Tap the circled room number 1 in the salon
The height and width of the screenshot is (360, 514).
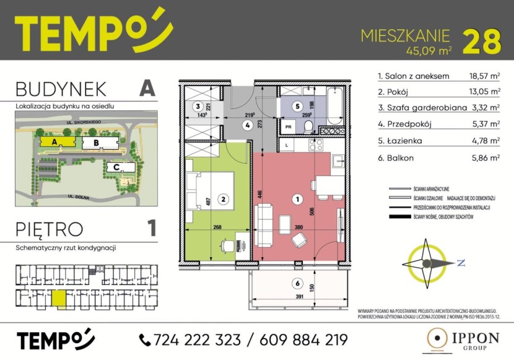pyautogui.click(x=297, y=200)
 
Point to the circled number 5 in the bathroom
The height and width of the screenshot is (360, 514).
pyautogui.click(x=297, y=106)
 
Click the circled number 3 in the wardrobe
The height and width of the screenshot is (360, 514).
pyautogui.click(x=198, y=106)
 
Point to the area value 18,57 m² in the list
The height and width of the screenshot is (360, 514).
pyautogui.click(x=485, y=77)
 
